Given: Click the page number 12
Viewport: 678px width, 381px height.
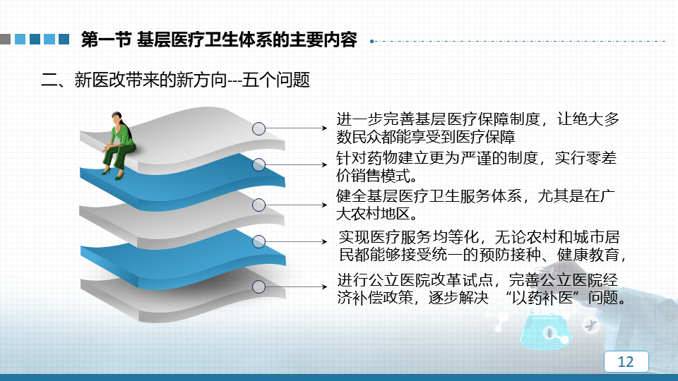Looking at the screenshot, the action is click(626, 361).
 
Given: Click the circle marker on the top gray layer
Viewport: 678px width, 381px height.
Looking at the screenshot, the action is click(258, 128).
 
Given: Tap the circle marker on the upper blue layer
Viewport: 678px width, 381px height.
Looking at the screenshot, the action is click(258, 164).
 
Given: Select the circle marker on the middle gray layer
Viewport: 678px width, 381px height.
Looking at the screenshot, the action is click(258, 205).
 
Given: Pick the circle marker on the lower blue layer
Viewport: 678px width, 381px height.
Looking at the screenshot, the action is click(258, 241).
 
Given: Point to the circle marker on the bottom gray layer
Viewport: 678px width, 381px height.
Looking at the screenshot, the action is click(258, 286).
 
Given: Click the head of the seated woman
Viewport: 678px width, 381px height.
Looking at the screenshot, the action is click(116, 118).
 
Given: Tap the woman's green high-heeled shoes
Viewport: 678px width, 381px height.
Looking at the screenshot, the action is click(112, 174).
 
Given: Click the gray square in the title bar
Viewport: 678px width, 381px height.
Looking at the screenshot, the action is click(5, 40).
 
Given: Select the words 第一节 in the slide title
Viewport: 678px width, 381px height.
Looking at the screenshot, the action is click(106, 40).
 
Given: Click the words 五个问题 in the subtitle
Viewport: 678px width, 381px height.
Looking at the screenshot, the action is click(276, 80).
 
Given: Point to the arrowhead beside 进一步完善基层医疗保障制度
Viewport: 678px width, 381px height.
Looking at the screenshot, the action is click(324, 128).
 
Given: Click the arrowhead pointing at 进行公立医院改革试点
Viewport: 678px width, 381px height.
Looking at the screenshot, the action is click(324, 286).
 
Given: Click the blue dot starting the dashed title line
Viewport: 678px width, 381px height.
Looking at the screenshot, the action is click(372, 42).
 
